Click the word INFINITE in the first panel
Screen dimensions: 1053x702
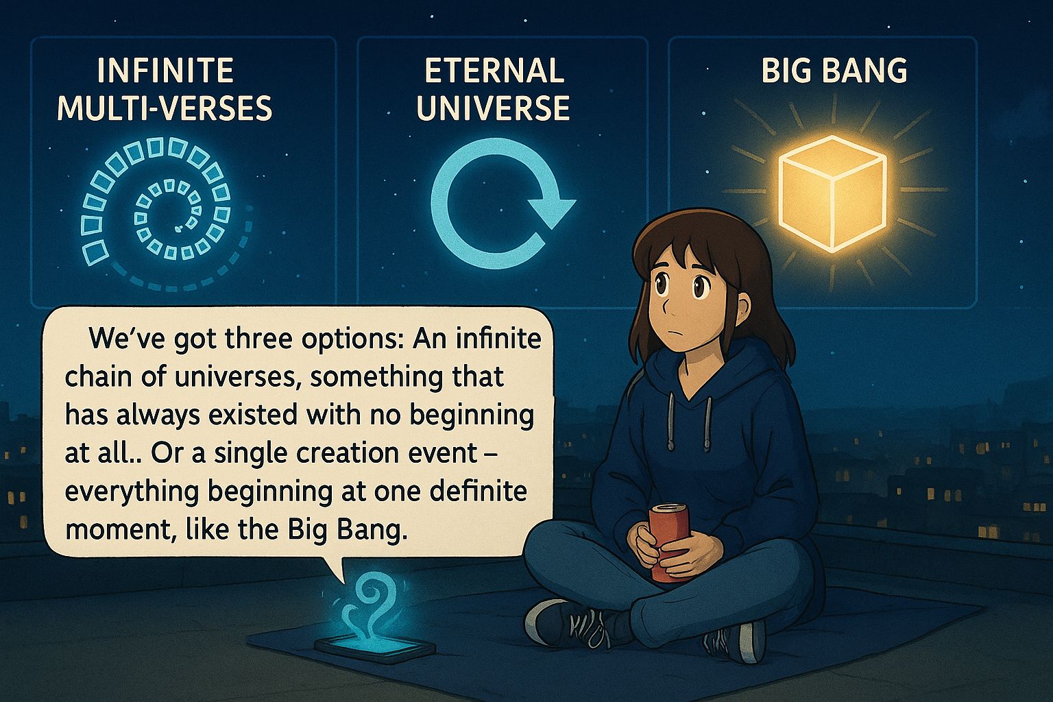click(x=165, y=71)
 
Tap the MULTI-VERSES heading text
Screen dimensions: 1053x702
click(x=165, y=108)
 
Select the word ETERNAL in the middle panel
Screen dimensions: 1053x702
click(x=494, y=71)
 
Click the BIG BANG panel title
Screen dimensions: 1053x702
click(x=834, y=71)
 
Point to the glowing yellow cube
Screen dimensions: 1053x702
click(x=832, y=193)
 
